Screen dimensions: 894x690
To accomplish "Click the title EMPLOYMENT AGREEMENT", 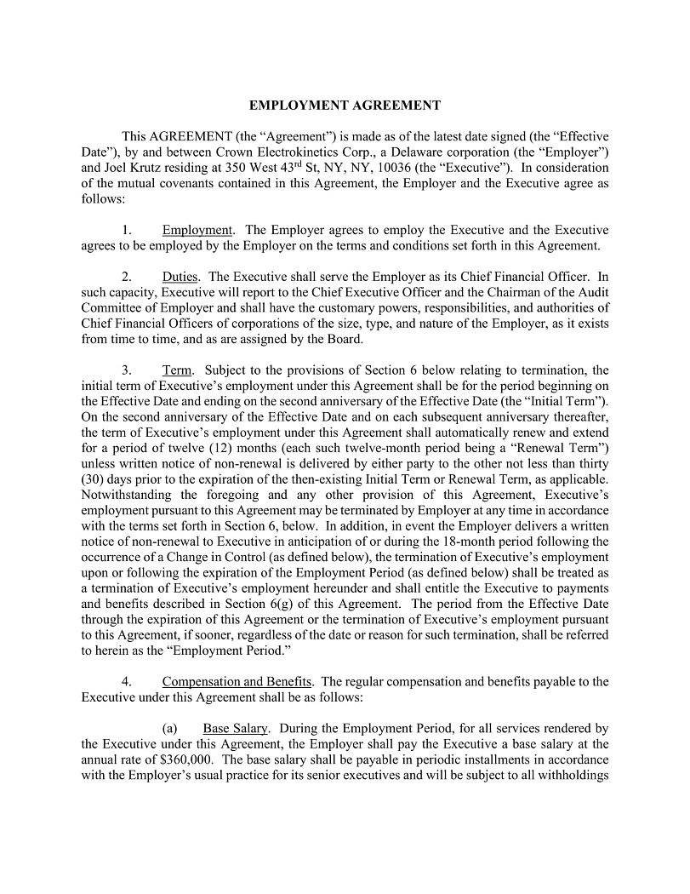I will click(x=345, y=106).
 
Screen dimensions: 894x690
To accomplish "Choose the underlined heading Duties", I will click(x=180, y=276).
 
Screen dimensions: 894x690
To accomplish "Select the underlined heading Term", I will click(x=178, y=370).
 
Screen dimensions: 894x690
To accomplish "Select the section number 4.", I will click(x=126, y=681).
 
